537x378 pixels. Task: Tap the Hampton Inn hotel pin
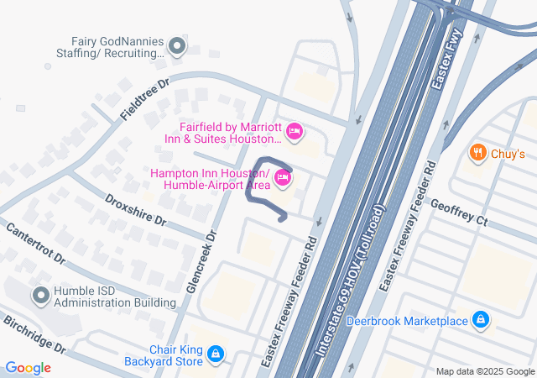tap(283, 178)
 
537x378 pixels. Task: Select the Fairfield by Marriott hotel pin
tap(294, 132)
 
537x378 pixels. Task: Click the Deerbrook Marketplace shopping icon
tap(481, 320)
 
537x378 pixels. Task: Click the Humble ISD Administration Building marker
tap(40, 296)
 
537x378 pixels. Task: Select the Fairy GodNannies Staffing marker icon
tap(176, 46)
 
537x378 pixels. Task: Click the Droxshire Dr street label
tap(136, 211)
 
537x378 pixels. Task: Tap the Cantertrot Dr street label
tap(35, 244)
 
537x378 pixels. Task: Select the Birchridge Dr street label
tap(34, 333)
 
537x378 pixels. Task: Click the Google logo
tap(28, 367)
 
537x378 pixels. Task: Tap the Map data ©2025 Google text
tap(484, 372)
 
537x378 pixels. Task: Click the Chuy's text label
tap(508, 154)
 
